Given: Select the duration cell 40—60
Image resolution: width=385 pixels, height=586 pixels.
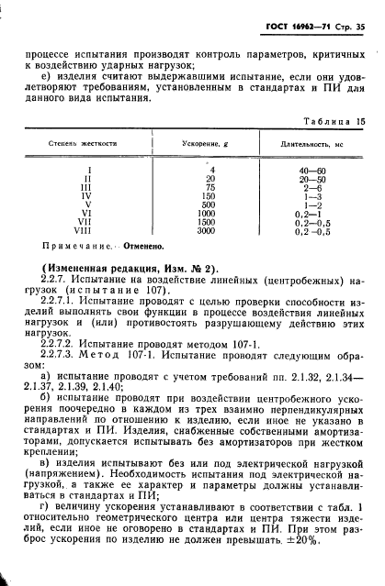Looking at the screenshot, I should coord(311,170).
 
